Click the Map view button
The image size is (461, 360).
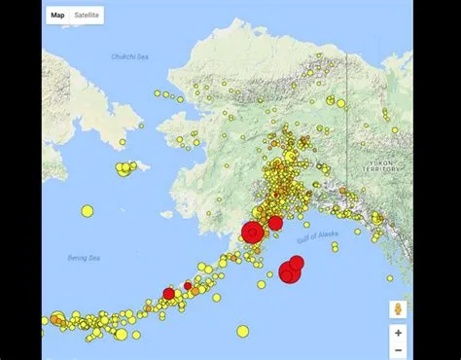point(57,16)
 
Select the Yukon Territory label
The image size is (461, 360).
point(381,166)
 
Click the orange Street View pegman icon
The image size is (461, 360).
point(398,309)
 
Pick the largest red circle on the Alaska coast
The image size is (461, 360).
point(252,232)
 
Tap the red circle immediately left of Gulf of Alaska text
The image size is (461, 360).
point(275,223)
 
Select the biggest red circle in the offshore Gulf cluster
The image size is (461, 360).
point(289,273)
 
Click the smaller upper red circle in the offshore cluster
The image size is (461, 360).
point(297,262)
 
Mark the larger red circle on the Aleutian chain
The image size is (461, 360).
point(168,293)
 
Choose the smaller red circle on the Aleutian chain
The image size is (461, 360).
point(188,286)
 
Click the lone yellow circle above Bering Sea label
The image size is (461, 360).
point(88,210)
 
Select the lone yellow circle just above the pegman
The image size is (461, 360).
point(390,278)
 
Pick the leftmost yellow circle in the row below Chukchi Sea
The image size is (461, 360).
point(157,92)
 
